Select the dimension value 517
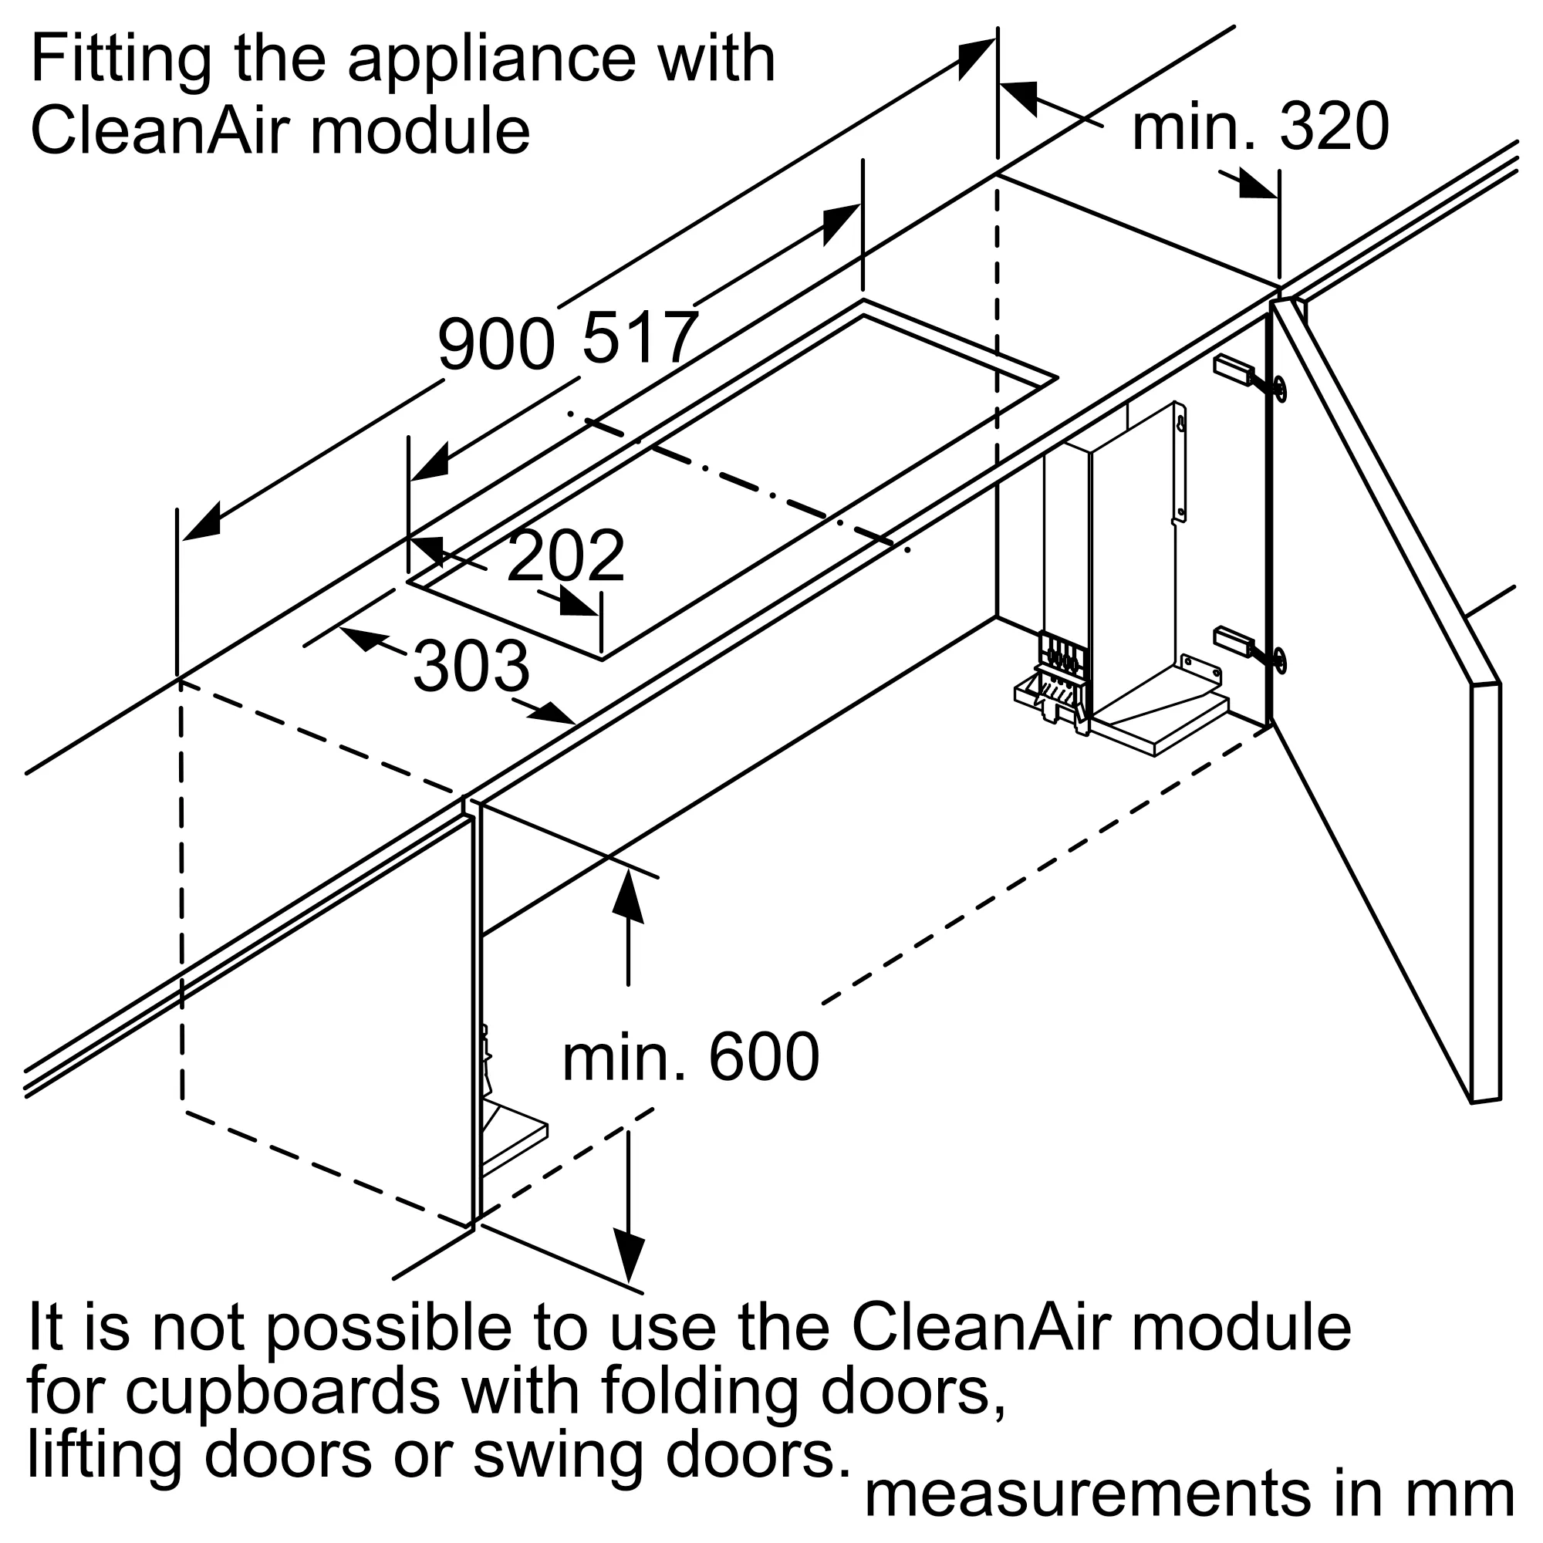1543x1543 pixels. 640,339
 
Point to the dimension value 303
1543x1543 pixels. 471,667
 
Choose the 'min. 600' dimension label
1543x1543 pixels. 690,1058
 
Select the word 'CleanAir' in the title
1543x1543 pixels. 159,132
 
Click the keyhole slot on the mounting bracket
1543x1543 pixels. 1180,424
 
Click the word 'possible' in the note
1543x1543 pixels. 388,1327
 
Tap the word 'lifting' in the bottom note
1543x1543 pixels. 105,1456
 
